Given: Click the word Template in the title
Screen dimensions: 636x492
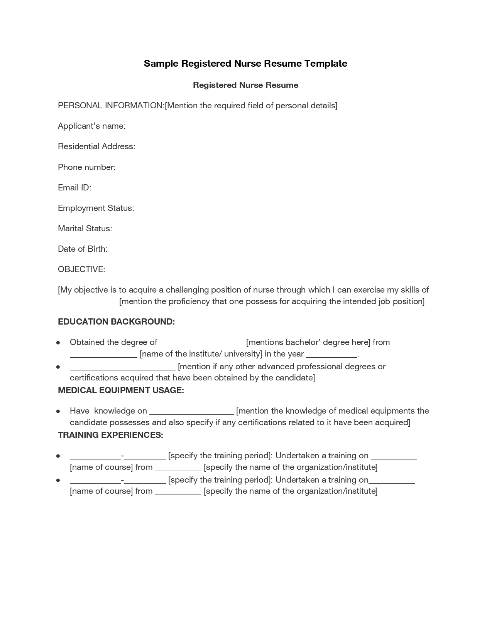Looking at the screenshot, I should coord(325,64).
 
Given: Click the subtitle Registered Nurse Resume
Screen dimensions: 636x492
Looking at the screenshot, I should coord(245,85).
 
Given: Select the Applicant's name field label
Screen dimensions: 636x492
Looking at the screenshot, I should coord(91,126).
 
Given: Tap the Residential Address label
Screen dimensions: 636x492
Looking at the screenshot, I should coord(96,146).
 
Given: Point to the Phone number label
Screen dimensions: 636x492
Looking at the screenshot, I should coord(87,167).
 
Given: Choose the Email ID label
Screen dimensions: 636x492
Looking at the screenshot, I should coord(74,188).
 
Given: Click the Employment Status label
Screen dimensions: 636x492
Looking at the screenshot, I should coord(96,208).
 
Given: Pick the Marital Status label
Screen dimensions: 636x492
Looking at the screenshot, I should coord(85,229).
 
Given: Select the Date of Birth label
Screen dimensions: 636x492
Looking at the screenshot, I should coord(83,249).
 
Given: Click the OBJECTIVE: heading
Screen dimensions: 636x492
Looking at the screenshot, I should coord(81,269).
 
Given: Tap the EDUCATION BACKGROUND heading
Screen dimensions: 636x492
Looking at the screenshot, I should coord(116,322).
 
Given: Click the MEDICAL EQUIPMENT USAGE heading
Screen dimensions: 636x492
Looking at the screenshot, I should coord(121,390).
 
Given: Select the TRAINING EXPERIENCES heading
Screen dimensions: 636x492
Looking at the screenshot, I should coord(110,435).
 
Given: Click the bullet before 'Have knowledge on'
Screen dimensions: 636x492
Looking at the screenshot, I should coord(58,411).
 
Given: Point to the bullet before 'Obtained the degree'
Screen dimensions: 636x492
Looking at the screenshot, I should coord(58,343).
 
